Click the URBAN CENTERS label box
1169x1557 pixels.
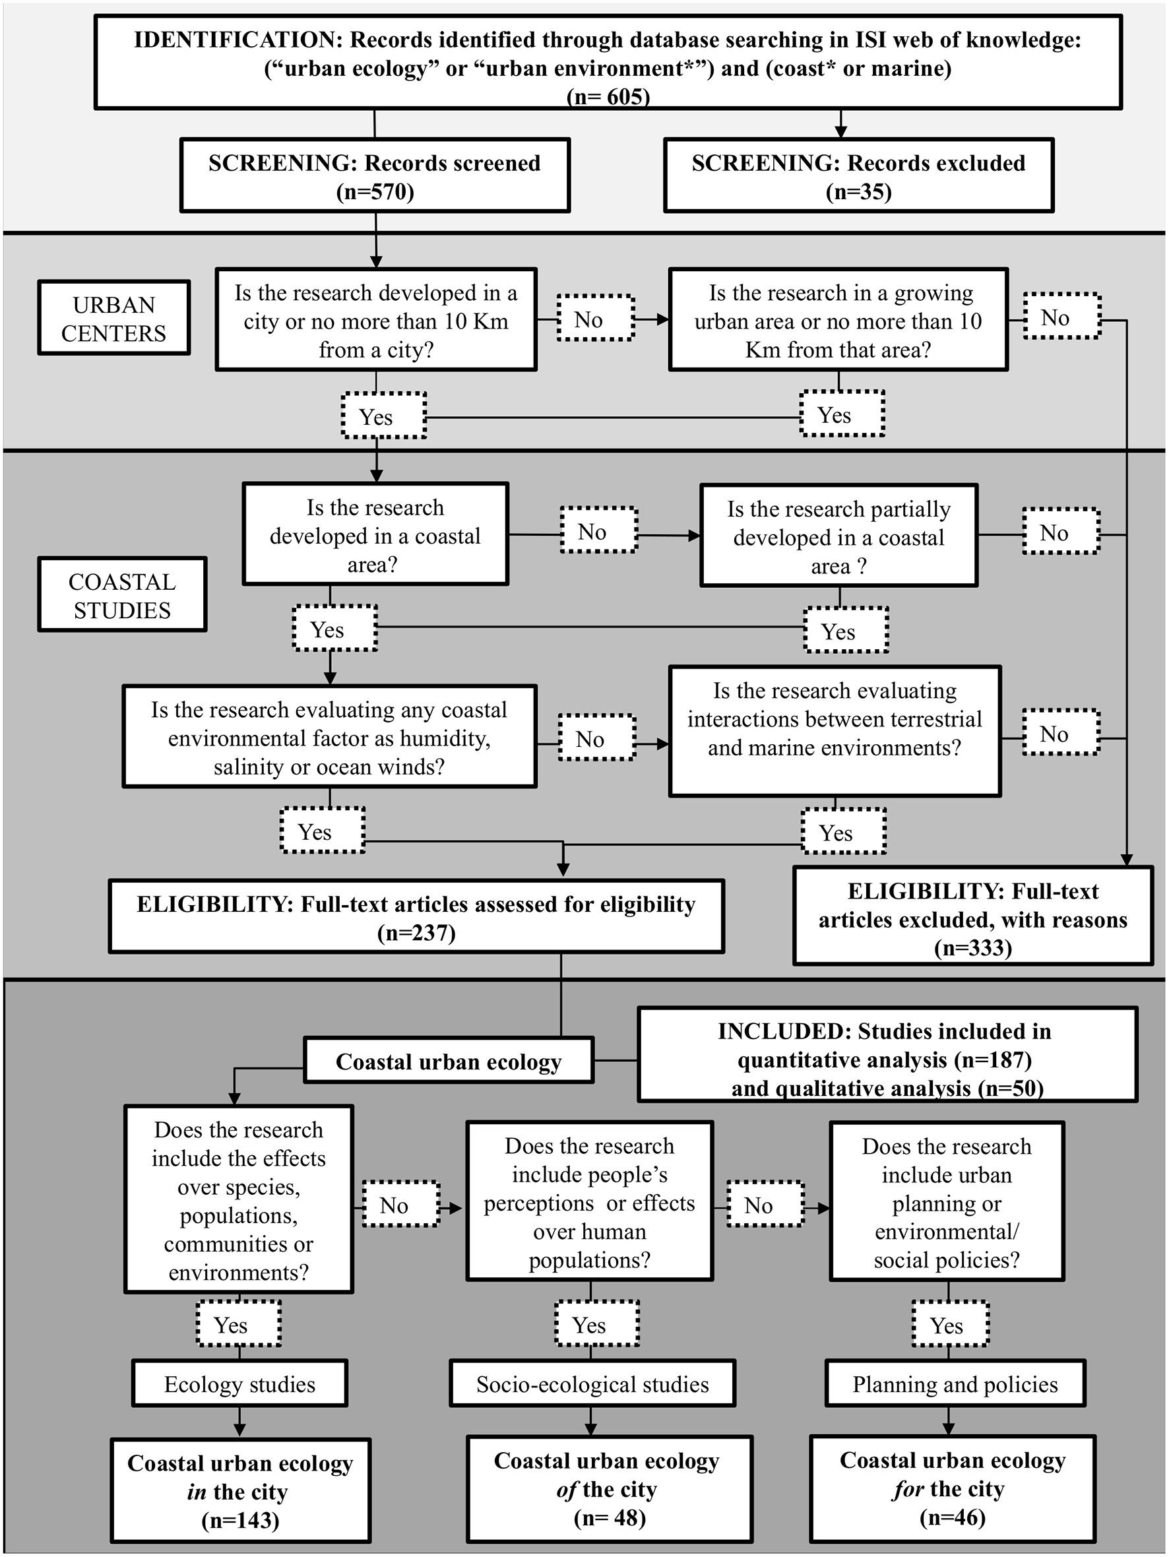(113, 318)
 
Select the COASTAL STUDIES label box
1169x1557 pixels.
(122, 595)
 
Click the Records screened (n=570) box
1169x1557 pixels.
(375, 176)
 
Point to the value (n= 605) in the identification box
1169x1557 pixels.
(608, 96)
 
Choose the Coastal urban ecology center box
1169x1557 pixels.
(449, 1061)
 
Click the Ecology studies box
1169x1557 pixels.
(239, 1384)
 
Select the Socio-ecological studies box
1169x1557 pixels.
(592, 1384)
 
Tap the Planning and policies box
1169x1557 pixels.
(955, 1384)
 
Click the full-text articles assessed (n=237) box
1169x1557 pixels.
(416, 917)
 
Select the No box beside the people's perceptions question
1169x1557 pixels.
(765, 1205)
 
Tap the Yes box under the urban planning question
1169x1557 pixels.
(950, 1325)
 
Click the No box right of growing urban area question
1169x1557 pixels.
(1061, 317)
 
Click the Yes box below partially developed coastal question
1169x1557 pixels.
(845, 630)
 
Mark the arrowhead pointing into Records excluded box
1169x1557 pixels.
(840, 132)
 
